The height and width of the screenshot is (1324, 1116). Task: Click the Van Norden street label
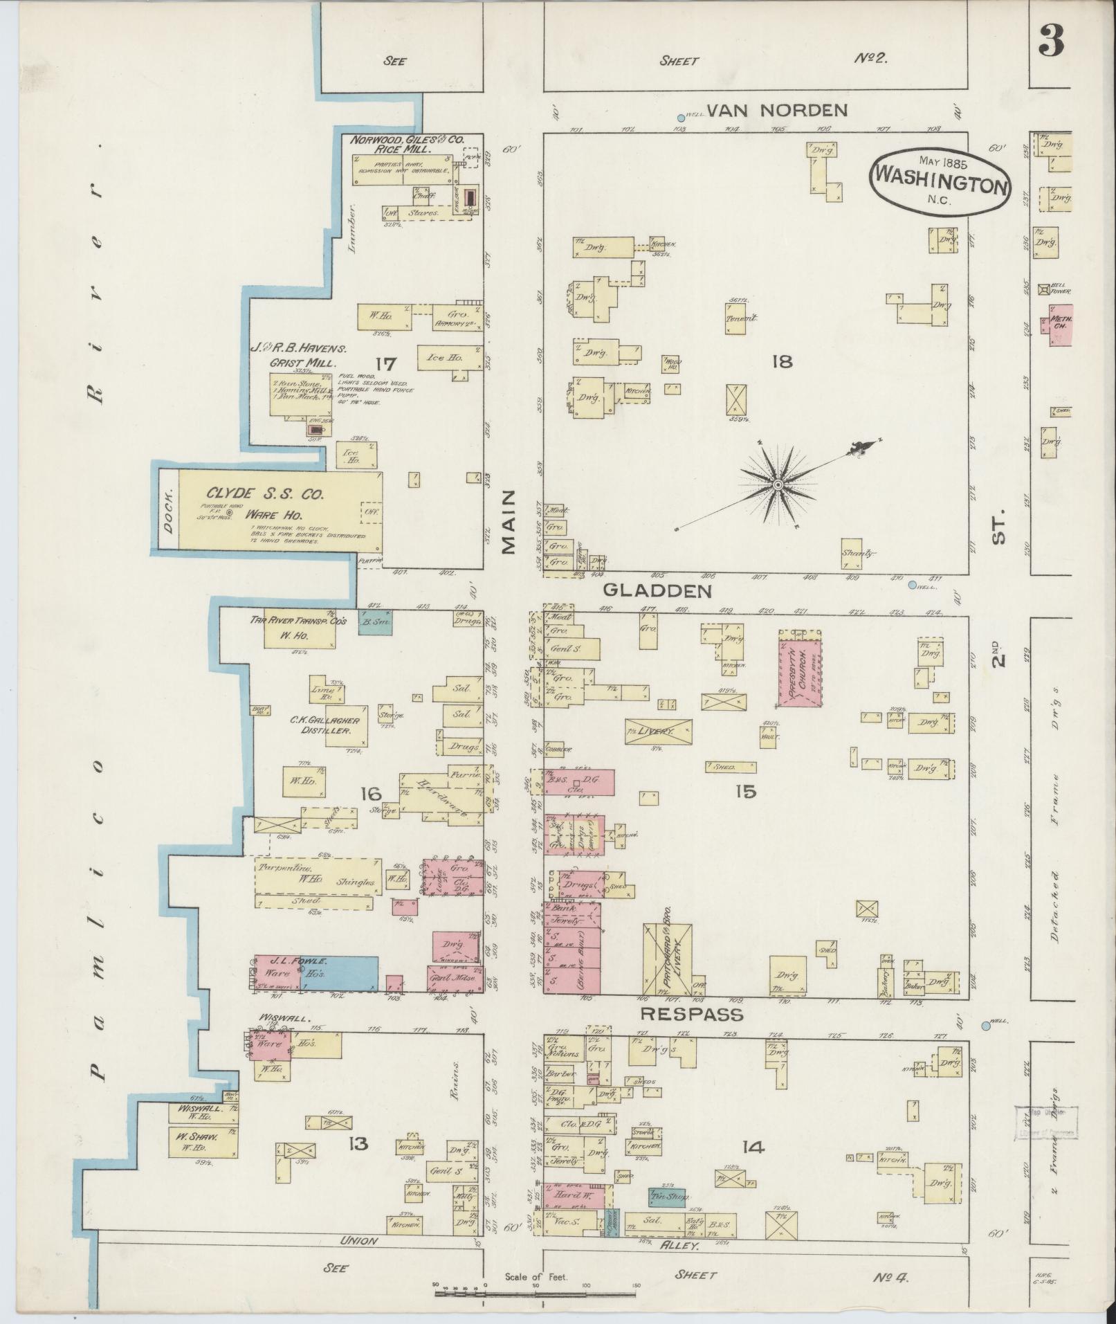point(777,109)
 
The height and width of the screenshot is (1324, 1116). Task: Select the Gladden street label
point(657,590)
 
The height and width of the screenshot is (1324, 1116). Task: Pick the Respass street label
point(691,1015)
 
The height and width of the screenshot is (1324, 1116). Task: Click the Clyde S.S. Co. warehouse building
point(280,511)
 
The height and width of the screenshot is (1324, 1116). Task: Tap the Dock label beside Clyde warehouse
point(168,511)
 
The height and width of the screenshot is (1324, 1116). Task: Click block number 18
point(783,361)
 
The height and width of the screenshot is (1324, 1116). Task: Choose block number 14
point(753,1148)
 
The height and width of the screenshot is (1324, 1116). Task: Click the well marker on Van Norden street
point(681,118)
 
